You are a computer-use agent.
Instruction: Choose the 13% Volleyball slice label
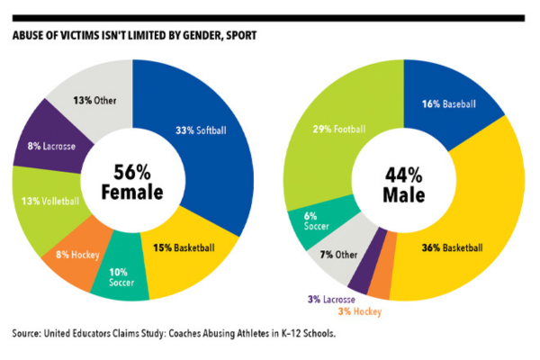[47, 201]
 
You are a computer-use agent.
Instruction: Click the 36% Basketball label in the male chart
[452, 247]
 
